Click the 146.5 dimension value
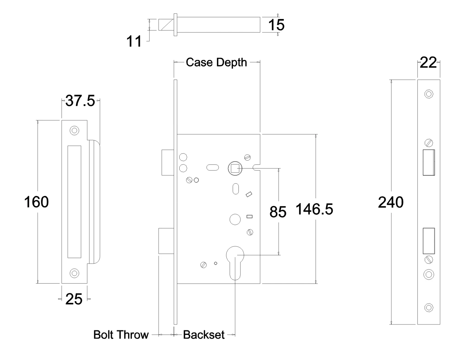pyautogui.click(x=314, y=209)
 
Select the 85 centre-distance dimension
pyautogui.click(x=278, y=212)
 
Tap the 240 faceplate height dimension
pyautogui.click(x=391, y=203)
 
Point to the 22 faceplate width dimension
pyautogui.click(x=428, y=63)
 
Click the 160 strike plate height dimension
pyautogui.click(x=37, y=202)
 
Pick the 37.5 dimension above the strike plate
pyautogui.click(x=80, y=101)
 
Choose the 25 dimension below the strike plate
pyautogui.click(x=74, y=299)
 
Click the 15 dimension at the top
pyautogui.click(x=276, y=25)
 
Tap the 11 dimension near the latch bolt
pyautogui.click(x=134, y=42)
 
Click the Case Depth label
pyautogui.click(x=216, y=63)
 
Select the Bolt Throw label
pyautogui.click(x=121, y=335)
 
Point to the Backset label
pyautogui.click(x=204, y=335)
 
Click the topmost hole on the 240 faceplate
pyautogui.click(x=429, y=94)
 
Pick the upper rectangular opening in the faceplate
pyautogui.click(x=429, y=162)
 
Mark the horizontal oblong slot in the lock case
pyautogui.click(x=212, y=167)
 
